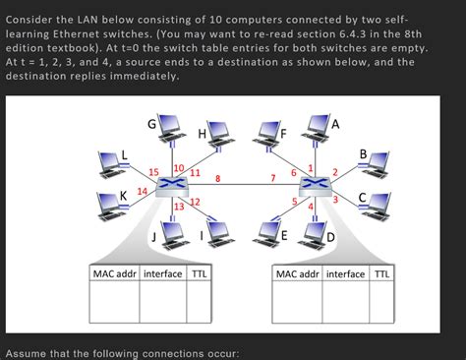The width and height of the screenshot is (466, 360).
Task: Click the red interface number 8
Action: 217,178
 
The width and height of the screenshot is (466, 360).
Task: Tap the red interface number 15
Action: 154,171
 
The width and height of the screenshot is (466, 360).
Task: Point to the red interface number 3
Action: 335,200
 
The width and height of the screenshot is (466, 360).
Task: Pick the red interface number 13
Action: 178,207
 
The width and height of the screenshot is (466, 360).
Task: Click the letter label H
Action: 202,134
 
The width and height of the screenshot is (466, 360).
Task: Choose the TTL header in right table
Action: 380,272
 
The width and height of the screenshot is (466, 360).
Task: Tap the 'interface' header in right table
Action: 345,272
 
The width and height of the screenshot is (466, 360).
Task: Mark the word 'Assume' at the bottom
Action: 30,352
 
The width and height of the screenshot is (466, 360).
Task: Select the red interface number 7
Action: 272,178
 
